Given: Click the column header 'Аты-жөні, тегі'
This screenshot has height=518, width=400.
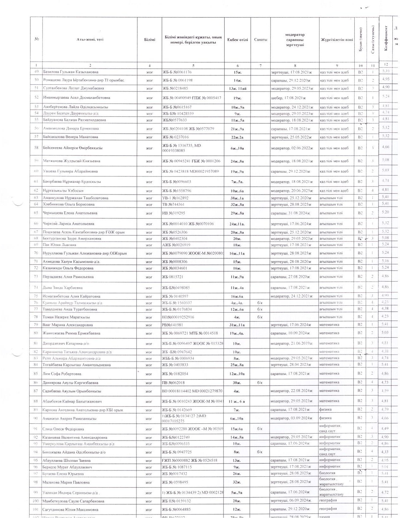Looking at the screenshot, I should (x=90, y=40).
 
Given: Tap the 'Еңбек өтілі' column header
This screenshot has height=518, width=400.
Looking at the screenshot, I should (x=237, y=40).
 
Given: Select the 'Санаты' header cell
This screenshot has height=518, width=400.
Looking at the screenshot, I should (x=260, y=40).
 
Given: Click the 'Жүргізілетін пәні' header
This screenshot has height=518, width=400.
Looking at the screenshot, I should (x=337, y=40).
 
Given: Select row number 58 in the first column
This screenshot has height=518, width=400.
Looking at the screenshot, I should (x=36, y=148).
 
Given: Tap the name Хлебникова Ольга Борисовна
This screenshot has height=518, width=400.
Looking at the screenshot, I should (x=69, y=204).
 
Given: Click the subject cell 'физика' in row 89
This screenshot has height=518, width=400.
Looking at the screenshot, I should (x=325, y=409).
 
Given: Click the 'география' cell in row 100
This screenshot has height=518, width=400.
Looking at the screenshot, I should (x=328, y=501).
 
